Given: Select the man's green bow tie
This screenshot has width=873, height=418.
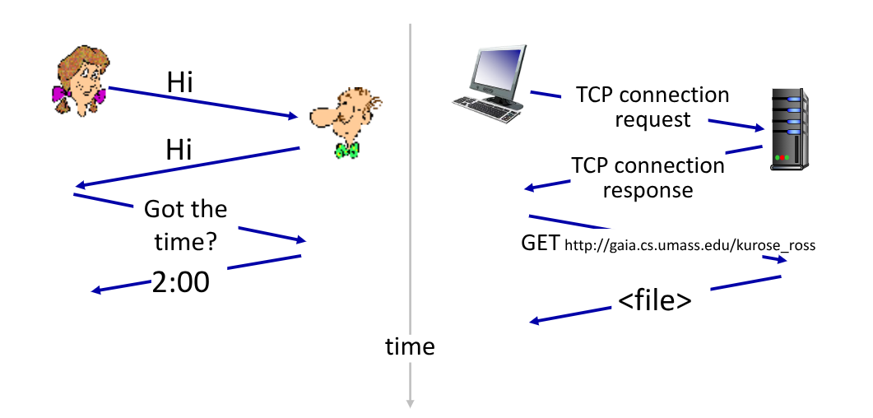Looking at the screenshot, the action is [347, 150].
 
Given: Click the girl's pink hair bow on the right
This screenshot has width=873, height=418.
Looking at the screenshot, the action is [100, 95].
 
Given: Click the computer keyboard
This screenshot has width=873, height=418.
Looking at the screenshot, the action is [486, 109].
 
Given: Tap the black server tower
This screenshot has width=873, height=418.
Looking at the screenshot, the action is [790, 129].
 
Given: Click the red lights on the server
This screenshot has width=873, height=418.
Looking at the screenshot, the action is [782, 158].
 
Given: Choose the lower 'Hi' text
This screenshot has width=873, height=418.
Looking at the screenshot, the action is [179, 150].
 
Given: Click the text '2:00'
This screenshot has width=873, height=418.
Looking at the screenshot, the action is [181, 282].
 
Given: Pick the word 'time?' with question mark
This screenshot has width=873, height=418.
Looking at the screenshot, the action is [185, 243].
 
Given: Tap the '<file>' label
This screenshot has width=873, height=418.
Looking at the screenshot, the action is [655, 301].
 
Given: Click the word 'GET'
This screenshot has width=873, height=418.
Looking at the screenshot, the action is [540, 244].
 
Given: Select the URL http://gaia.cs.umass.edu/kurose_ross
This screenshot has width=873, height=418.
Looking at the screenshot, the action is [690, 245].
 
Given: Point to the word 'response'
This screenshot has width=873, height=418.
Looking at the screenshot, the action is [648, 190].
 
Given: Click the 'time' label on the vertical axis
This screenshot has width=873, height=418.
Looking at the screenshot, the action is [410, 346].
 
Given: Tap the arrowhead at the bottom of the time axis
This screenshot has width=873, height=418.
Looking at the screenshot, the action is [410, 403].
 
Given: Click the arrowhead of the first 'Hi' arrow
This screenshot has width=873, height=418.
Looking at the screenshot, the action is [294, 116].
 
